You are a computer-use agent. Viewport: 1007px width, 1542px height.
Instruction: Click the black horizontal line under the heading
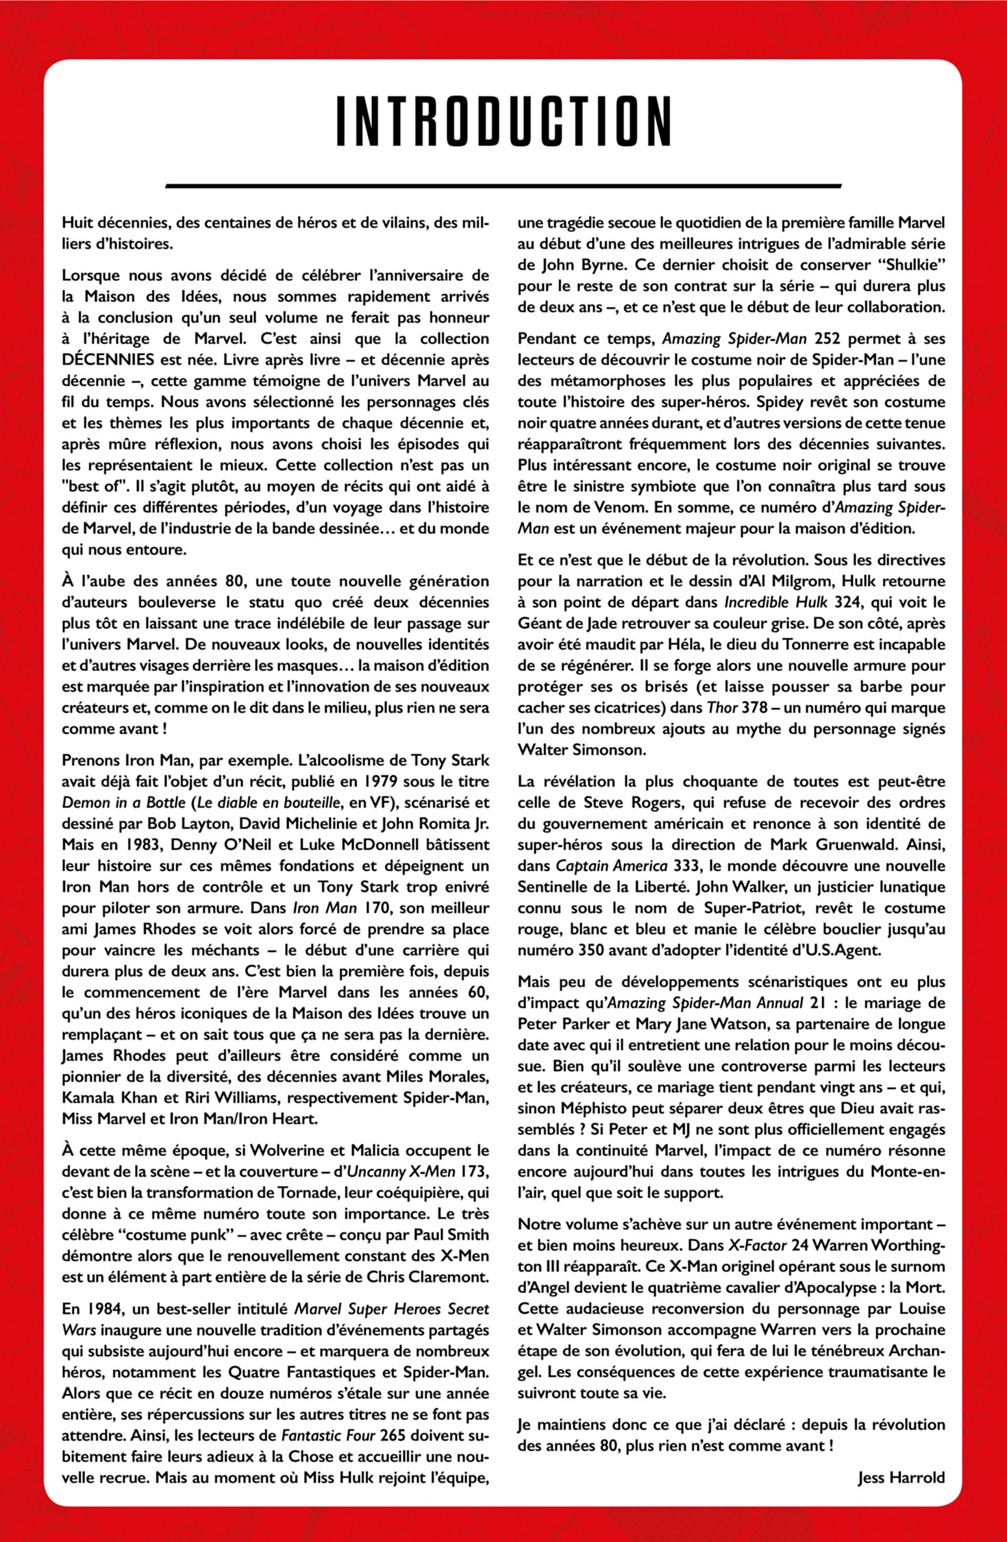pyautogui.click(x=503, y=186)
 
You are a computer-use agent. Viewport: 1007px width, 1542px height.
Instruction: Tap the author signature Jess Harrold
pyautogui.click(x=901, y=1478)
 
